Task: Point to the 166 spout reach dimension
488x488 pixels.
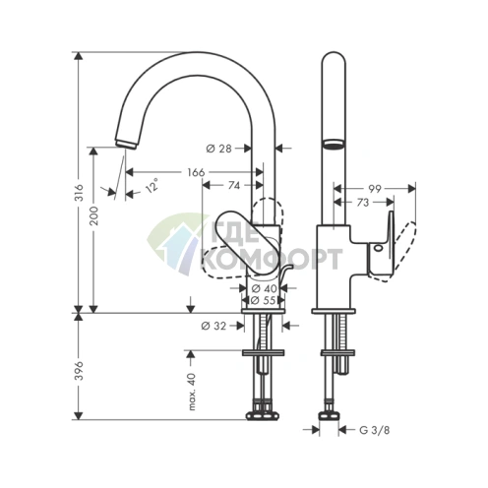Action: tap(195, 172)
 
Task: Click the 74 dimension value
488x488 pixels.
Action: tap(233, 185)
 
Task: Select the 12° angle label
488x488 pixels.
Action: tap(151, 184)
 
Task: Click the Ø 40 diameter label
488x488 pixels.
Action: tap(262, 287)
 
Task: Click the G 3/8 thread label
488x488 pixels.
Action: tap(373, 429)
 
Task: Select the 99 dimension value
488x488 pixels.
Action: tap(375, 187)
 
